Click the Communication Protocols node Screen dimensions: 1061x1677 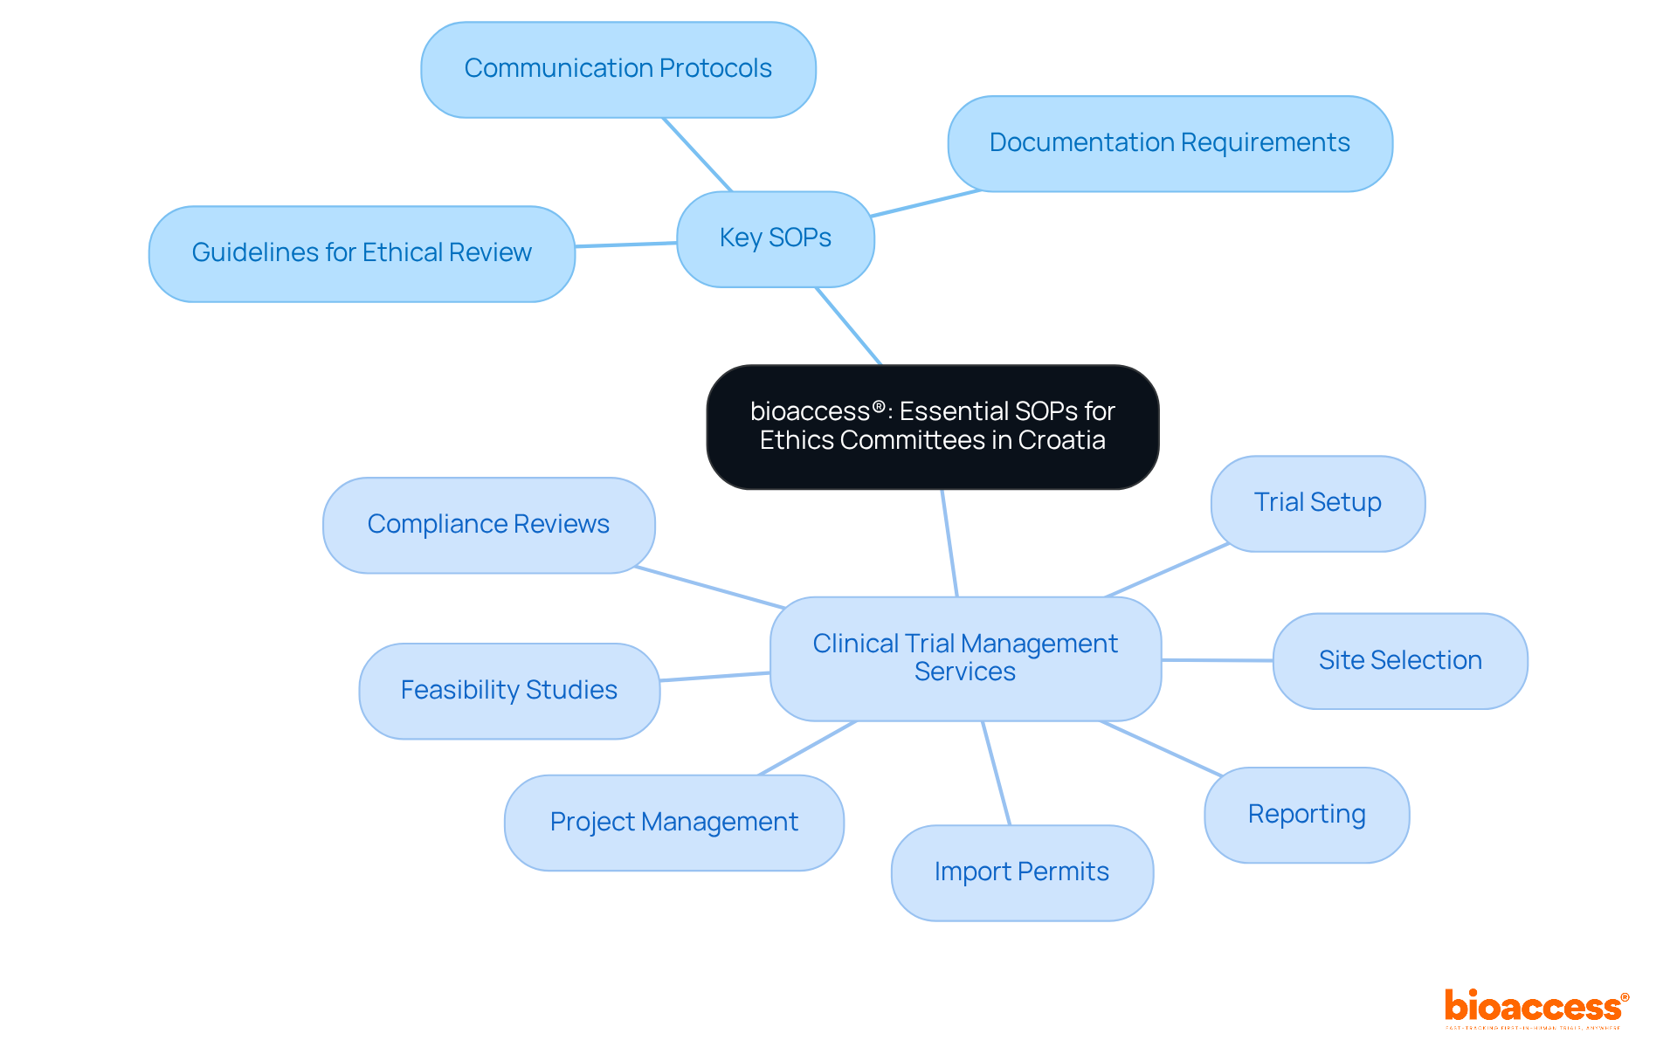(x=618, y=69)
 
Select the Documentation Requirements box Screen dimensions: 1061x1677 (x=1169, y=143)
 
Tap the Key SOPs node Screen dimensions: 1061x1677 (x=775, y=238)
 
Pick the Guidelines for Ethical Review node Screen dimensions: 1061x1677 (x=361, y=253)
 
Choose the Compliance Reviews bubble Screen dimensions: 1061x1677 (x=488, y=525)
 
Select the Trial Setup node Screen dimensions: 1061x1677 (x=1317, y=503)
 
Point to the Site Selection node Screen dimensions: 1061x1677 (x=1399, y=661)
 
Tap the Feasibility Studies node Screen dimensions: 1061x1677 (x=508, y=691)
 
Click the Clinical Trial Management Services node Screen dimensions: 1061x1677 (x=964, y=658)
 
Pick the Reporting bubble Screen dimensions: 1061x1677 (x=1306, y=815)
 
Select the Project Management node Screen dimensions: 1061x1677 (x=673, y=823)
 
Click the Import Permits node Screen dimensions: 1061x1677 (x=1021, y=872)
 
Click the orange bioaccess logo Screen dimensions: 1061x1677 (x=1535, y=1008)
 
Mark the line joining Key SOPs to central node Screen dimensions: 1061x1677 (x=848, y=326)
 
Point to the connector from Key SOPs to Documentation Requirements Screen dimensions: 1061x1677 (x=926, y=203)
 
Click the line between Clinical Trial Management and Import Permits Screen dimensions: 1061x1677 (x=997, y=773)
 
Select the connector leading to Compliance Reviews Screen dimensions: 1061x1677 (x=709, y=587)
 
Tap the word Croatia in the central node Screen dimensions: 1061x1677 (x=1061, y=440)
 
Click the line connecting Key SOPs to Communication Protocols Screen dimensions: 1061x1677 (x=697, y=155)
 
